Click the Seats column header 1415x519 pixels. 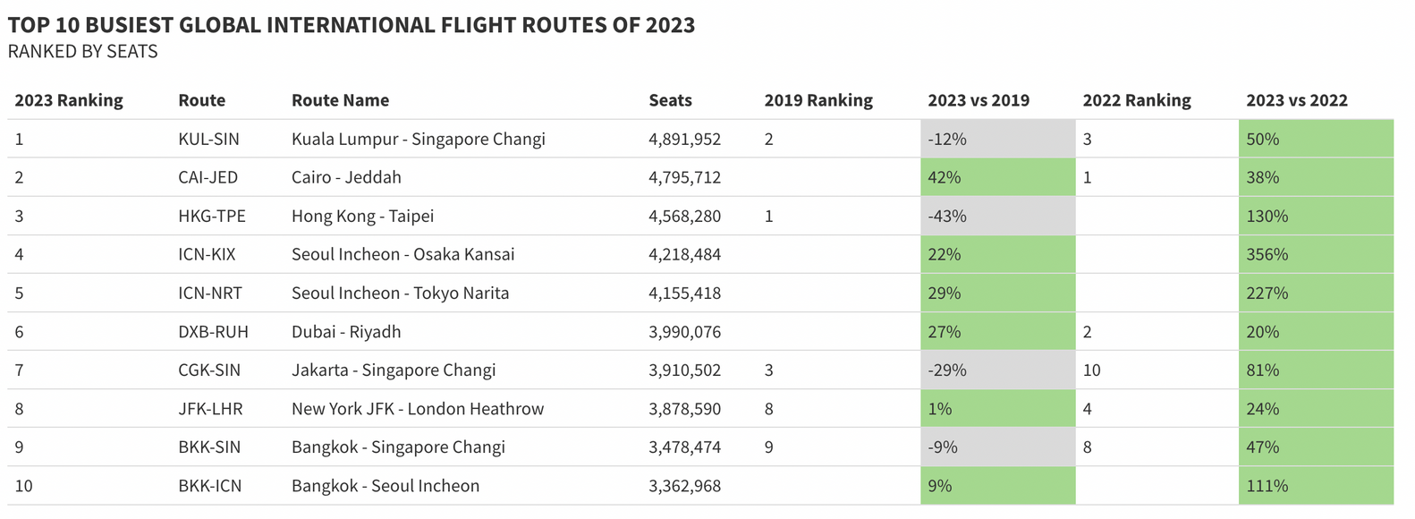pyautogui.click(x=670, y=100)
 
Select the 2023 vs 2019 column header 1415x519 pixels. pyautogui.click(x=978, y=100)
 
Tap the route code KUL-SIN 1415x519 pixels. pyautogui.click(x=208, y=139)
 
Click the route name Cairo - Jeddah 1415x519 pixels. pyautogui.click(x=346, y=177)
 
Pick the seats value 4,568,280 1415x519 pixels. pyautogui.click(x=684, y=216)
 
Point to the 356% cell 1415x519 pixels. pyautogui.click(x=1267, y=254)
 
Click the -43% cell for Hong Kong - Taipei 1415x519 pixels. pyautogui.click(x=946, y=216)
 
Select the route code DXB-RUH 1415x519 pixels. pyautogui.click(x=213, y=332)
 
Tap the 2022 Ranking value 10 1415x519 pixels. pyautogui.click(x=1091, y=370)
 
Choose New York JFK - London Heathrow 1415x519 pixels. pyautogui.click(x=417, y=409)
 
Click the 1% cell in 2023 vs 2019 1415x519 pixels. pyautogui.click(x=939, y=409)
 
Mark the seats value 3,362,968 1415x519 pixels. pyautogui.click(x=684, y=486)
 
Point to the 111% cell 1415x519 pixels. pyautogui.click(x=1267, y=486)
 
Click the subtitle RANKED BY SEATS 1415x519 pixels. pyautogui.click(x=82, y=52)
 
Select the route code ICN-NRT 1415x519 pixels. pyautogui.click(x=209, y=293)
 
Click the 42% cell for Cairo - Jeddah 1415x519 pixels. pyautogui.click(x=944, y=177)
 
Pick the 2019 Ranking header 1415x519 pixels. pyautogui.click(x=818, y=100)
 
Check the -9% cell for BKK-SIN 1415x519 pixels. pyautogui.click(x=942, y=447)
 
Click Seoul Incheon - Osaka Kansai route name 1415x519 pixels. pyautogui.click(x=402, y=254)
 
